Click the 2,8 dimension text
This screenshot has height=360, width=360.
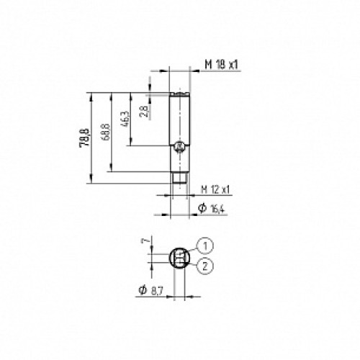point(144,109)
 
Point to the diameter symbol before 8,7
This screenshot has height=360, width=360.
point(143,290)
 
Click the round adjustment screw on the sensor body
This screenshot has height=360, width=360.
point(179,148)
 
